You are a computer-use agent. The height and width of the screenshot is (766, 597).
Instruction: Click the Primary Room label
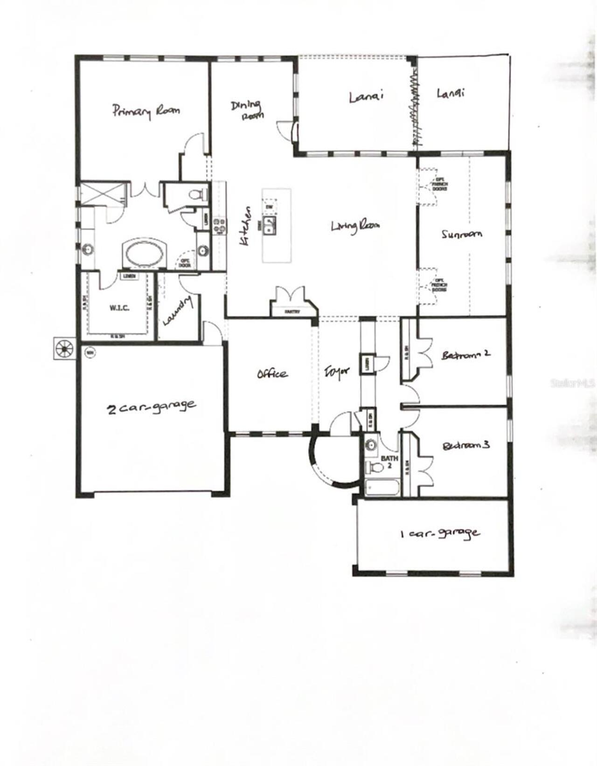point(146,111)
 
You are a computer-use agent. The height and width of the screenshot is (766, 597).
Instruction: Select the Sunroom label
point(462,235)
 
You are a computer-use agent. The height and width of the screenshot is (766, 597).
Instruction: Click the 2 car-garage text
point(152,406)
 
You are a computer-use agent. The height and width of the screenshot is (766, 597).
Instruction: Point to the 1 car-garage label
point(440,533)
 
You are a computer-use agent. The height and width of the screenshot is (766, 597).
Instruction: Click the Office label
point(272,374)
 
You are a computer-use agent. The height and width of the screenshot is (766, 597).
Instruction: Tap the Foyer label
point(337,373)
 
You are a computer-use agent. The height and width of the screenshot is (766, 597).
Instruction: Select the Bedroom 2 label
point(465,354)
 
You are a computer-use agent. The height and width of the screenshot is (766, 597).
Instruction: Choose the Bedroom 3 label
point(465,446)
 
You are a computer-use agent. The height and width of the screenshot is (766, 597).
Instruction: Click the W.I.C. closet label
point(119,308)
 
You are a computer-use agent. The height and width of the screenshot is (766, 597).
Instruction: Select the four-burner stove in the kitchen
point(220,226)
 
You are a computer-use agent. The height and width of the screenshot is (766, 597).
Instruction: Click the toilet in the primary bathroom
point(198,194)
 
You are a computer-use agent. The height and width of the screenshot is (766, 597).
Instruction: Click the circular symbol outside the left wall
point(64,348)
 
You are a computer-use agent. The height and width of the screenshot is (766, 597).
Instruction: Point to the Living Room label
point(355,227)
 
